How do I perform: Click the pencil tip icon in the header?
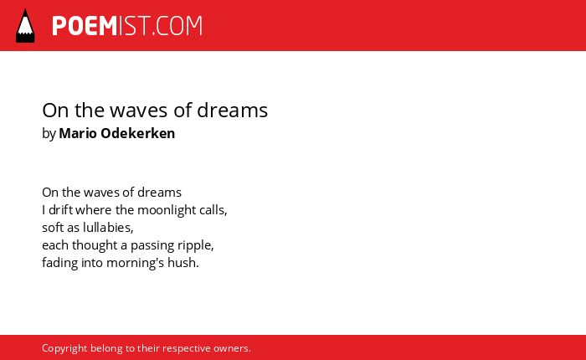(25, 26)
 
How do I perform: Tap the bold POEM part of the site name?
(85, 26)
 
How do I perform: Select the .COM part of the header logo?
(177, 26)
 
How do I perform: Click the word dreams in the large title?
(232, 111)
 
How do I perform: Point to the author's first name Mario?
(78, 133)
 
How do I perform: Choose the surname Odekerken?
(138, 133)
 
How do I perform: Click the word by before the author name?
(49, 134)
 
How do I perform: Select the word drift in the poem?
(61, 209)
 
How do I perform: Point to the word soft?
(53, 228)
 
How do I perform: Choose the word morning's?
(136, 263)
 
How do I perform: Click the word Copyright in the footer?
(64, 349)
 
